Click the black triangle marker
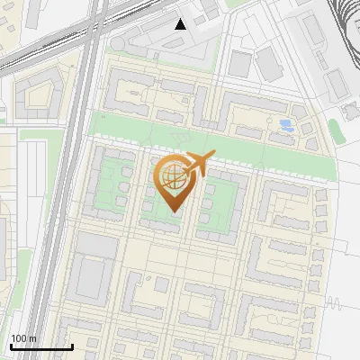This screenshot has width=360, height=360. point(181,24)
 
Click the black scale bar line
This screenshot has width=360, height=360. point(40,346)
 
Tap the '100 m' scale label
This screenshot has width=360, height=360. point(24,338)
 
